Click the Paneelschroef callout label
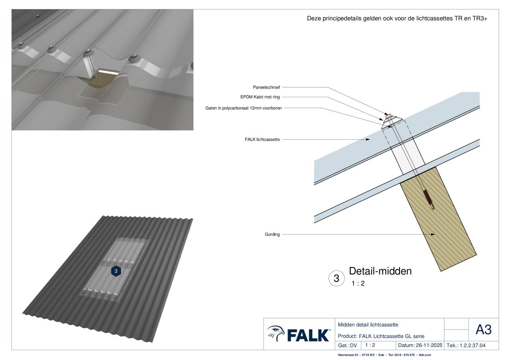pos(266,87)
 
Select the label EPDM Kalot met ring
pos(260,97)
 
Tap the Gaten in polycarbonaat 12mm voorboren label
pos(243,108)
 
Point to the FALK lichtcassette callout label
pos(262,139)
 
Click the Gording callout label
pos(272,234)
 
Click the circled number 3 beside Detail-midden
pos(336,278)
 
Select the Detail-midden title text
pos(380,271)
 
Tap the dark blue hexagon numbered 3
pos(116,271)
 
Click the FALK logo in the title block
pos(299,334)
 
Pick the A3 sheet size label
pos(483,330)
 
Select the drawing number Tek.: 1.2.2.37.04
pos(466,345)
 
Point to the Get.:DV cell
pos(347,345)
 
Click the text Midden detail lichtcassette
pos(368,325)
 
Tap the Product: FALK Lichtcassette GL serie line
pos(381,336)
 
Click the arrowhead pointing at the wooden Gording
pos(433,234)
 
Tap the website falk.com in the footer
pos(425,355)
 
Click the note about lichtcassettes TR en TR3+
pos(397,19)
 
